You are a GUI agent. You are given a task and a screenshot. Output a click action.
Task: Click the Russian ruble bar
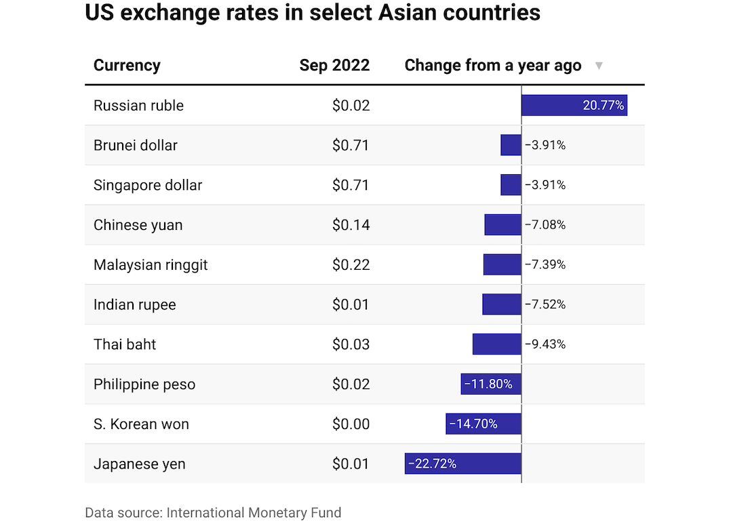coord(574,105)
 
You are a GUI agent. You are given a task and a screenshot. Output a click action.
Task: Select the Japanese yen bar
coord(463,464)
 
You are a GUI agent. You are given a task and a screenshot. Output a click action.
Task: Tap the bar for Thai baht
coord(497,344)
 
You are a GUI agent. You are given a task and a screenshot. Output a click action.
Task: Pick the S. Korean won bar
coord(483,424)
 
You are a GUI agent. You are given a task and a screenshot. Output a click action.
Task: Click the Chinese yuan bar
coord(502,225)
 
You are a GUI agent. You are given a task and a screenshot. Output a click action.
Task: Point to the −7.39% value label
coord(545,264)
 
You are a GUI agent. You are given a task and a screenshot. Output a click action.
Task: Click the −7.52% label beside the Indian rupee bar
coord(545,304)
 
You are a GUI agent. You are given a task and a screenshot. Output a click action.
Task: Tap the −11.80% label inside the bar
coord(488,384)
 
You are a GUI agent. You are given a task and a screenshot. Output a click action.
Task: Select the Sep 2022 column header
coord(334,65)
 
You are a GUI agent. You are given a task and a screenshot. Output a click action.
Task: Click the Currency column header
coord(127,65)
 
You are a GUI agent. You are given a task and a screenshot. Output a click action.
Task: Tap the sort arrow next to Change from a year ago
coord(599,66)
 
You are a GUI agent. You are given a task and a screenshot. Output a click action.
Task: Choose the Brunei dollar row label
coord(136,145)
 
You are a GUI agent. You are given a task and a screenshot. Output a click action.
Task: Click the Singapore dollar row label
coord(148,185)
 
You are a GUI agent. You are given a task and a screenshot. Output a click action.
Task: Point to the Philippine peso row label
coord(144,384)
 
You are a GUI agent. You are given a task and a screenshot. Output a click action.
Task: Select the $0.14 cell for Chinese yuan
coord(351,225)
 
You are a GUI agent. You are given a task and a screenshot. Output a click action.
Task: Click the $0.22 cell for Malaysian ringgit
coord(351,264)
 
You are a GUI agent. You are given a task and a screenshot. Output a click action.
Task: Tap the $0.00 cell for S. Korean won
coord(351,424)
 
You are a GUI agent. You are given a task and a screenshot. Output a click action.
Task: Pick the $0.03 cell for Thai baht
coord(351,344)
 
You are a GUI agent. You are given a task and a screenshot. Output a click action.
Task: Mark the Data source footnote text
coord(213,513)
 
